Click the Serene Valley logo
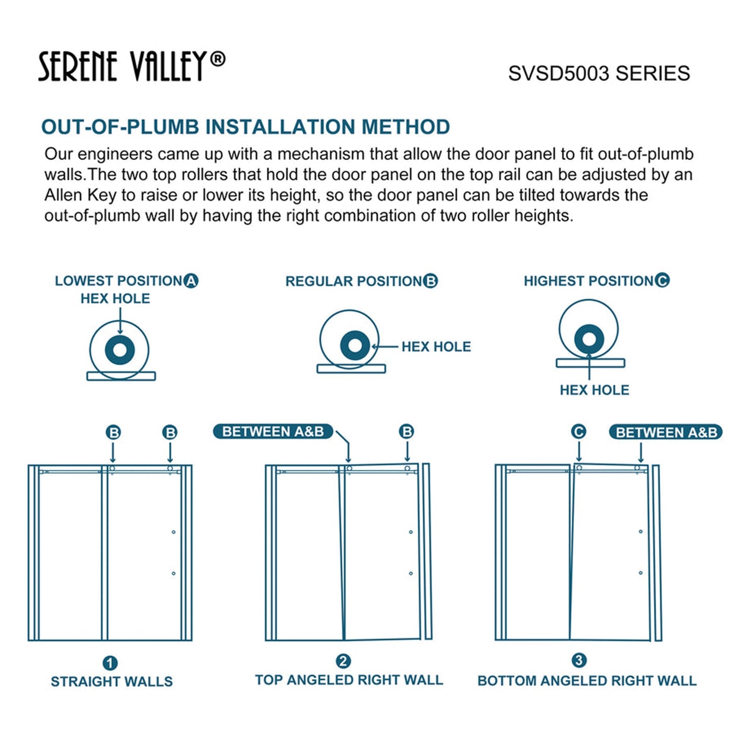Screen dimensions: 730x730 point(131,66)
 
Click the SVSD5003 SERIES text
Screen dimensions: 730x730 point(599,74)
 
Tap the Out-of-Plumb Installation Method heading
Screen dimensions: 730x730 point(245,127)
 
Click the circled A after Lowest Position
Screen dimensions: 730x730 point(191,281)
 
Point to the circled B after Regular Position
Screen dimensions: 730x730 point(430,281)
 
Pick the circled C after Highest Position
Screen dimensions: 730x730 point(662,280)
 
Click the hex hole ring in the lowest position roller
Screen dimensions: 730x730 point(120,350)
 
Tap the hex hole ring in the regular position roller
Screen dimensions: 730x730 point(355,346)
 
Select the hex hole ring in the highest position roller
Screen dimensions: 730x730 point(589,338)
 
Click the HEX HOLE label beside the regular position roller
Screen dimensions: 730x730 point(436,347)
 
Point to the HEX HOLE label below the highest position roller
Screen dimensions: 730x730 point(594,390)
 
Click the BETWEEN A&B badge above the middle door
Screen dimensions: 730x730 point(273,432)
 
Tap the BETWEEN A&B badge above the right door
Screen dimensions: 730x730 point(666,433)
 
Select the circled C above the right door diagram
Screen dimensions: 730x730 point(578,432)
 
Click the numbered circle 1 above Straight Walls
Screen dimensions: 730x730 point(110,663)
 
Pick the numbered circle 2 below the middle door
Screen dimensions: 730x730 point(344,661)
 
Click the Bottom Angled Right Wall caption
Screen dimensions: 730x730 point(587,681)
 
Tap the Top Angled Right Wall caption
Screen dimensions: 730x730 point(349,680)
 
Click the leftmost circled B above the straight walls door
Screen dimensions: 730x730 point(114,433)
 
